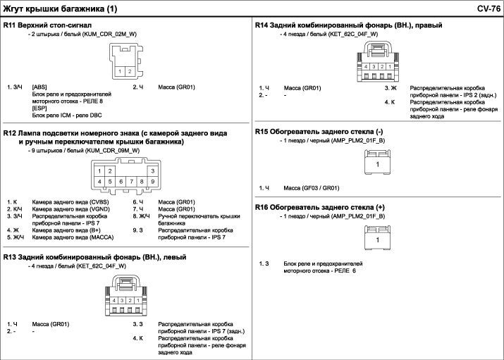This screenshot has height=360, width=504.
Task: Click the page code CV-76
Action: pos(488,8)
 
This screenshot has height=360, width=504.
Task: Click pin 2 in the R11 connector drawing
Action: pos(130,71)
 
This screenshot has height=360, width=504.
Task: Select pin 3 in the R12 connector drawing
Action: pos(153,171)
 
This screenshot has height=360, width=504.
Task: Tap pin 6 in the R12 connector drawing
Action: pos(121,182)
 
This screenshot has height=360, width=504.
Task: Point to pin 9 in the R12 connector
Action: pos(153,182)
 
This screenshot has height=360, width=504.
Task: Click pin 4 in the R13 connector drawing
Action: pos(114,301)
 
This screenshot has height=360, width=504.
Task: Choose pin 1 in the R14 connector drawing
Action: pos(390,66)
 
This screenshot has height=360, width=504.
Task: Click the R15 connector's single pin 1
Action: pos(378,164)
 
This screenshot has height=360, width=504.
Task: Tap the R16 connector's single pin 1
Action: pos(378,240)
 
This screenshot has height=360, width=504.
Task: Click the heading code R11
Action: pos(10,25)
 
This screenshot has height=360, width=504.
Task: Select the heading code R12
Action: pos(10,133)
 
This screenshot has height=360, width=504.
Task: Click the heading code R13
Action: pos(10,257)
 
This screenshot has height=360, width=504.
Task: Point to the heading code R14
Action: pos(262,25)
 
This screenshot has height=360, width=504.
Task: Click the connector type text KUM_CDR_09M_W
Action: pos(113,150)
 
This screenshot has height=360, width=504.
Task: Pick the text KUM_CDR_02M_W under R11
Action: pos(109,34)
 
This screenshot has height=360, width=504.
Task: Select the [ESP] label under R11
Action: pos(39,108)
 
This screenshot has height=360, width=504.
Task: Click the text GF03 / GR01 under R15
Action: pos(319,188)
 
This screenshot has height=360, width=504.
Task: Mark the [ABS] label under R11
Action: pos(39,87)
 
